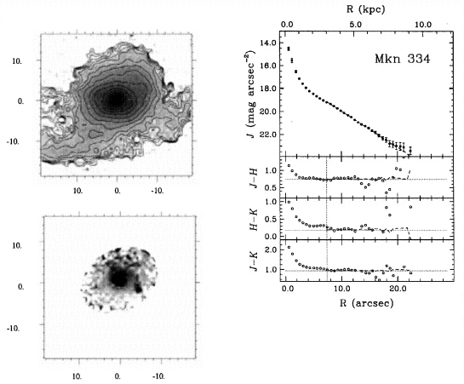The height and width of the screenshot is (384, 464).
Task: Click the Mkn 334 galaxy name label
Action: [x=402, y=59]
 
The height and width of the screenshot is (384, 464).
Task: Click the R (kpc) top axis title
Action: [x=366, y=9]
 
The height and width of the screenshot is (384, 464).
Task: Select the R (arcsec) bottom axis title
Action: [x=366, y=303]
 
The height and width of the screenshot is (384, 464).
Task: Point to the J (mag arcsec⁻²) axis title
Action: [x=250, y=94]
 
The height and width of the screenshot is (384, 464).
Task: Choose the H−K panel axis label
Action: [x=254, y=219]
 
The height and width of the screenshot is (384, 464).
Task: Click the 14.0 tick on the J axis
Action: [x=267, y=43]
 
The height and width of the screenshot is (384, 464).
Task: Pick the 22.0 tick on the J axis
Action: [x=267, y=135]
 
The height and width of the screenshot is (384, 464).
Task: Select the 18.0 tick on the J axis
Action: [x=267, y=89]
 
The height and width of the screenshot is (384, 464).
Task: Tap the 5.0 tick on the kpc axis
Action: [x=355, y=25]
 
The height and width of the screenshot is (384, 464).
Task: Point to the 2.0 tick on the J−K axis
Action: [x=271, y=249]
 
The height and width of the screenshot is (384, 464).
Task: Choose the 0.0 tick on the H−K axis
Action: [x=271, y=237]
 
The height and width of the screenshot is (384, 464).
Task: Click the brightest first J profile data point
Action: [x=289, y=49]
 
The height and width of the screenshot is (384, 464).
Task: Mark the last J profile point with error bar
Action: [x=410, y=151]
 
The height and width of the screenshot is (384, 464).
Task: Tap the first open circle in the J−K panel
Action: [x=289, y=247]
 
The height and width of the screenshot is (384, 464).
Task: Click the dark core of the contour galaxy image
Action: [x=117, y=100]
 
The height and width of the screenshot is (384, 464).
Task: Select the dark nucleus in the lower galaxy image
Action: [x=119, y=278]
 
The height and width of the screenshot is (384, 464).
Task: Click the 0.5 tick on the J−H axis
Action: [x=271, y=187]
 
